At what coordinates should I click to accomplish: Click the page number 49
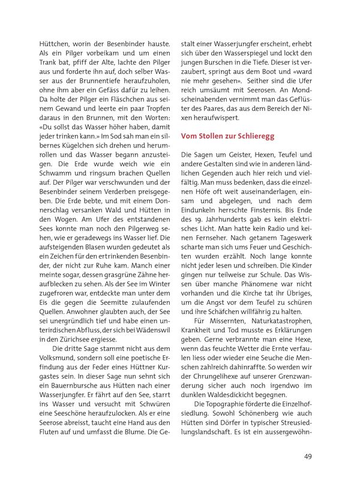307,456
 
